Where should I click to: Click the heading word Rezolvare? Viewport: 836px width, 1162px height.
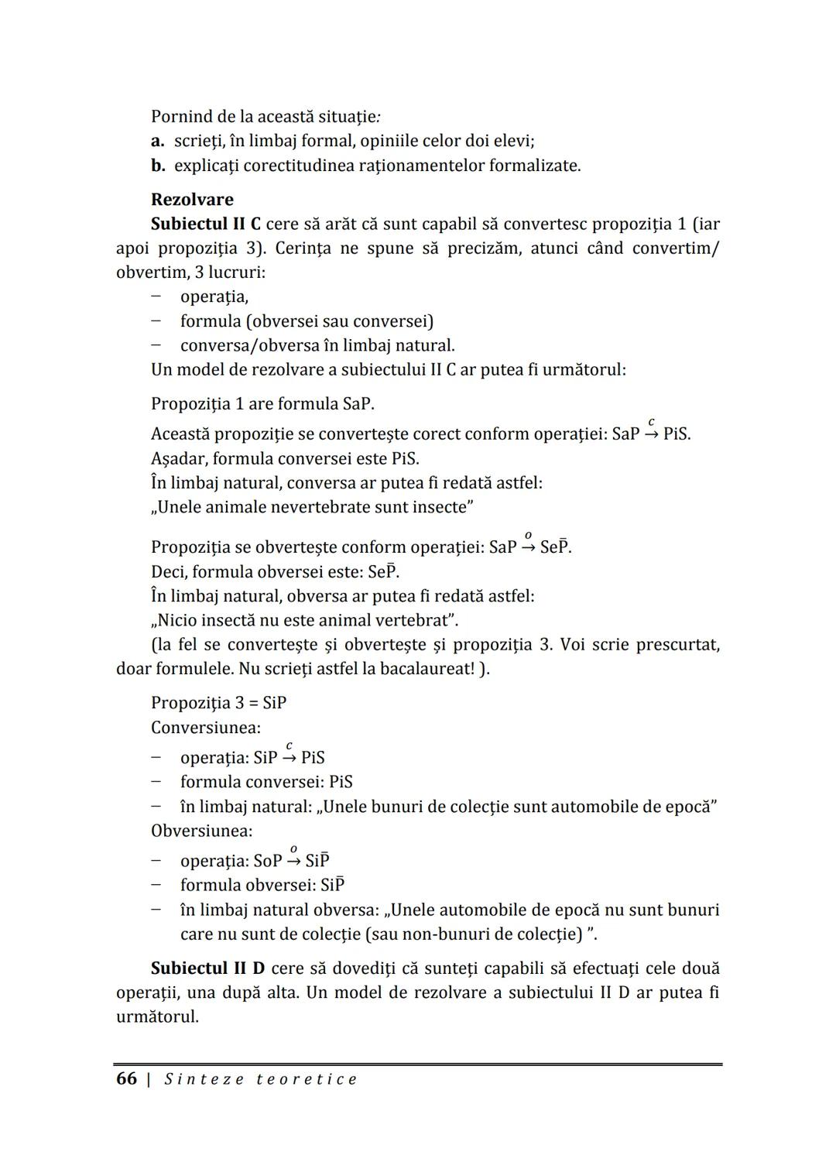[192, 199]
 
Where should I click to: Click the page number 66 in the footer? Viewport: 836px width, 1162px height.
[126, 1079]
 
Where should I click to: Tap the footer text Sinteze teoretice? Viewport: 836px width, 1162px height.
[261, 1079]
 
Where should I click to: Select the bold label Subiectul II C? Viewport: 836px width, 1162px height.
[205, 224]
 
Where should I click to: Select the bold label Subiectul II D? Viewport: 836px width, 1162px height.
[207, 968]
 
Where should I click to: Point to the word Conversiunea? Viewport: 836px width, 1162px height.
[205, 728]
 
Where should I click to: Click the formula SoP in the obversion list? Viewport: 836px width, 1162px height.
[268, 861]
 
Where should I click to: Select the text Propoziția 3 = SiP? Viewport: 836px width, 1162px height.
[218, 703]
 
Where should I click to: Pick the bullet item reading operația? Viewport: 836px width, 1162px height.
[214, 296]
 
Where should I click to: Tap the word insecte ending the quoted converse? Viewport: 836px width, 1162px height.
[443, 507]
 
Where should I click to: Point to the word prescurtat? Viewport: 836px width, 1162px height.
[677, 645]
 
